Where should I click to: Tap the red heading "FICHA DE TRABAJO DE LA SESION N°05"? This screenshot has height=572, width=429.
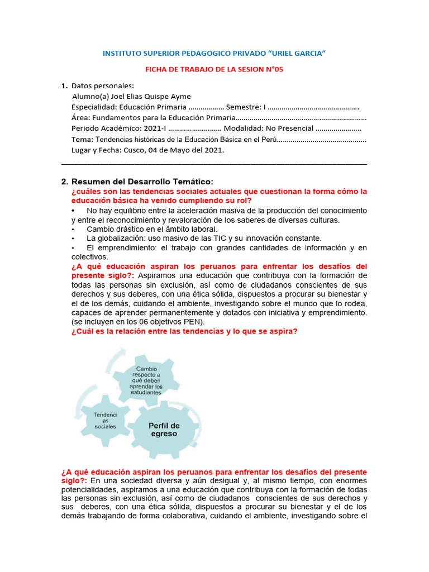[x=214, y=69]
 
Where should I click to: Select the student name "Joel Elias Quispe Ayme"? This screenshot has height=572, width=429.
[x=146, y=96]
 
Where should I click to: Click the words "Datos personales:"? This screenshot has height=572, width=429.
[x=103, y=85]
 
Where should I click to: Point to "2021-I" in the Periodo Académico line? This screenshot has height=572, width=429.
[x=147, y=128]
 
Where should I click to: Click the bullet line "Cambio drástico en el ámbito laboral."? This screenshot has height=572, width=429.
[x=152, y=229]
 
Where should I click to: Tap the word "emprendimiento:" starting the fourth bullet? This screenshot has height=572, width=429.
[x=116, y=247]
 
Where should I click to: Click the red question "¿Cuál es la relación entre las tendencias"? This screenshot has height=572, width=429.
[x=184, y=331]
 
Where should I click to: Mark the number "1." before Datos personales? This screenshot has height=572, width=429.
[x=64, y=85]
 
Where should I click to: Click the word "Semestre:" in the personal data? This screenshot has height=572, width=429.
[x=244, y=107]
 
